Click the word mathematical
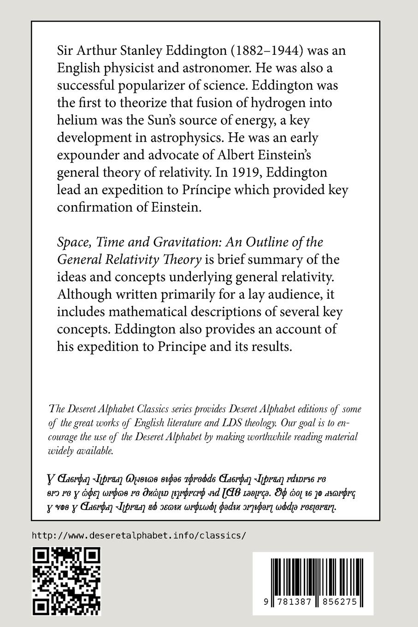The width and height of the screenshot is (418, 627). click(151, 312)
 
